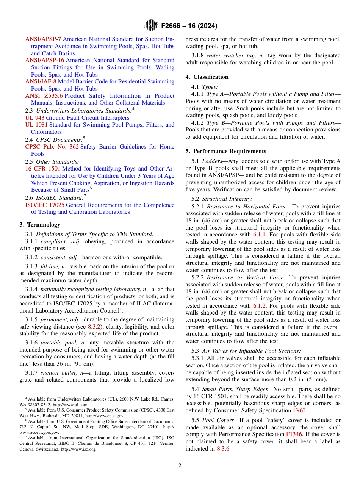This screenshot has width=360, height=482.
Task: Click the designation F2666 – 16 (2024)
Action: [189, 26]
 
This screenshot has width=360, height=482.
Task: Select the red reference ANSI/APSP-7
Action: [43, 39]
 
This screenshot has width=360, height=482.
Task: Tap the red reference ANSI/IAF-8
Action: [41, 81]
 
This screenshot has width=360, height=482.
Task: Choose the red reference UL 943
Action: [35, 118]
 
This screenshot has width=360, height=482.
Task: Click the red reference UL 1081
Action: [36, 125]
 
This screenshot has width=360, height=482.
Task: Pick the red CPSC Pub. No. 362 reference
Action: [52, 147]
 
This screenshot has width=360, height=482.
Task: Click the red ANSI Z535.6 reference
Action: [44, 96]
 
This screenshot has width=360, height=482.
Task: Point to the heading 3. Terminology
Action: [40, 225]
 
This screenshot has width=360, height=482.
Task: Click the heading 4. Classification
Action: [207, 77]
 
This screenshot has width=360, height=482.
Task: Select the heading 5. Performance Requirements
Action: [226, 151]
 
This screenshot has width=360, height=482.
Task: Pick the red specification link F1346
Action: [294, 435]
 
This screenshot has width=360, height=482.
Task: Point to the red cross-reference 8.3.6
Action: [223, 449]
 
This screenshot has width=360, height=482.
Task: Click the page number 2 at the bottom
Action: [180, 466]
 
